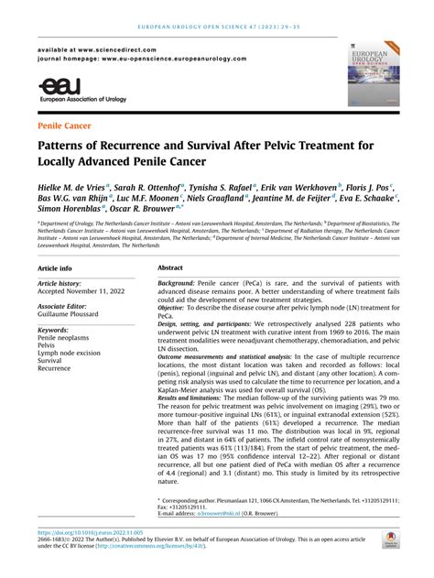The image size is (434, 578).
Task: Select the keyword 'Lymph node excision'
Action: pos(71,354)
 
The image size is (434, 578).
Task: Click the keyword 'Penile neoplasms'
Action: pos(64,338)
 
